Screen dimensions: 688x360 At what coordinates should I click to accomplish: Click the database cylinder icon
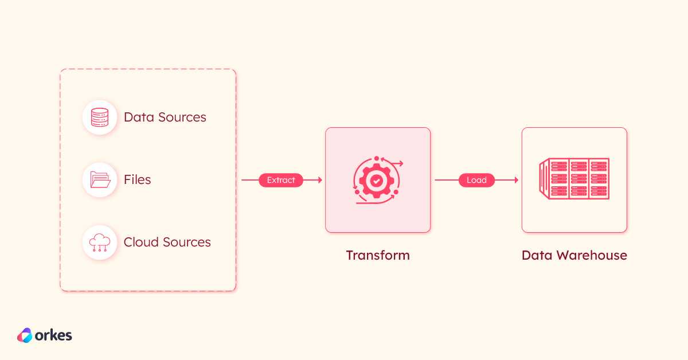click(x=100, y=118)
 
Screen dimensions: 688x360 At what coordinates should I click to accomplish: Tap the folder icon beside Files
click(x=100, y=179)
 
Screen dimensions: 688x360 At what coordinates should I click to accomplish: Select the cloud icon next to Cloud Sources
click(x=100, y=242)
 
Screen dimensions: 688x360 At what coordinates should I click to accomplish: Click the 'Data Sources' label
click(x=165, y=118)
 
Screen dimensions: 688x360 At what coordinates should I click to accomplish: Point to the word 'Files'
click(x=137, y=179)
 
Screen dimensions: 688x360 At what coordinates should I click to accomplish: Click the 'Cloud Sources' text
click(x=167, y=242)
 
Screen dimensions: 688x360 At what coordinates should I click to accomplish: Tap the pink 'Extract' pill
click(x=281, y=180)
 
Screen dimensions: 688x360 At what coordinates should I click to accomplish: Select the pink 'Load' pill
click(x=476, y=180)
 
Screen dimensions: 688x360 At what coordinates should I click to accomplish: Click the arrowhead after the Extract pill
click(x=320, y=180)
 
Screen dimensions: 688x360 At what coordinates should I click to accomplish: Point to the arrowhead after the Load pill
click(x=517, y=180)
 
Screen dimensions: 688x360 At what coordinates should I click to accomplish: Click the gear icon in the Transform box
click(x=377, y=181)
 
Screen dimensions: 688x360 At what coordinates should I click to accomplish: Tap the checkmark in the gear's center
click(x=377, y=181)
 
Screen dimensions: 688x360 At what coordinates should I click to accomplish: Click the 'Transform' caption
click(x=378, y=255)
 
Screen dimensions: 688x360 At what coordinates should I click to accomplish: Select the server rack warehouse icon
click(x=574, y=178)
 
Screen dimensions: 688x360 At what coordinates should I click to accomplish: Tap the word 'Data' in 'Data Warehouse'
click(x=537, y=255)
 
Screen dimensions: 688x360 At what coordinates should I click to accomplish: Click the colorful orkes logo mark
click(x=25, y=335)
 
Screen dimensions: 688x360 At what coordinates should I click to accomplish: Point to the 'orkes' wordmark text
click(x=53, y=335)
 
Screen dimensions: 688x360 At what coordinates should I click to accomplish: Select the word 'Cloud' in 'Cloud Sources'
click(x=141, y=242)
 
